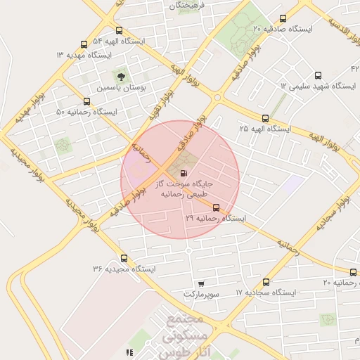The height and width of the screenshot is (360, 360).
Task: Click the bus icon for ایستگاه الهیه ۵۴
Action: point(118,31)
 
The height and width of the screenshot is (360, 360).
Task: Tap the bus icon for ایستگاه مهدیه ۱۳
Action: point(84,44)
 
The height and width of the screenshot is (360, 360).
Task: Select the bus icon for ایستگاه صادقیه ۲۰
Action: point(283,19)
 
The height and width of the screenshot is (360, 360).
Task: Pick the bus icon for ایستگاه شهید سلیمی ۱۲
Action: point(317,75)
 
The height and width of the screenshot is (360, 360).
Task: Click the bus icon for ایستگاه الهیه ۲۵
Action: point(265,119)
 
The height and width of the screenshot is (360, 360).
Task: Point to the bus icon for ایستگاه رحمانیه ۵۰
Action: point(86,102)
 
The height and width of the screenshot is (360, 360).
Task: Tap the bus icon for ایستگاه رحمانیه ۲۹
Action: point(215,208)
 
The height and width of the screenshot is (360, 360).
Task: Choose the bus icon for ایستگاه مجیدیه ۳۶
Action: point(124,258)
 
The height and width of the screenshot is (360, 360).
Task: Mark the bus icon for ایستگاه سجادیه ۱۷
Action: point(265,282)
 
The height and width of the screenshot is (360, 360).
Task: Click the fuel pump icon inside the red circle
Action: point(184,173)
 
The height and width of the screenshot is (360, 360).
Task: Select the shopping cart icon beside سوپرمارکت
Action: point(201,284)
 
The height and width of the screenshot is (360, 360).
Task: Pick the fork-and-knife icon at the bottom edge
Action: point(128,352)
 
